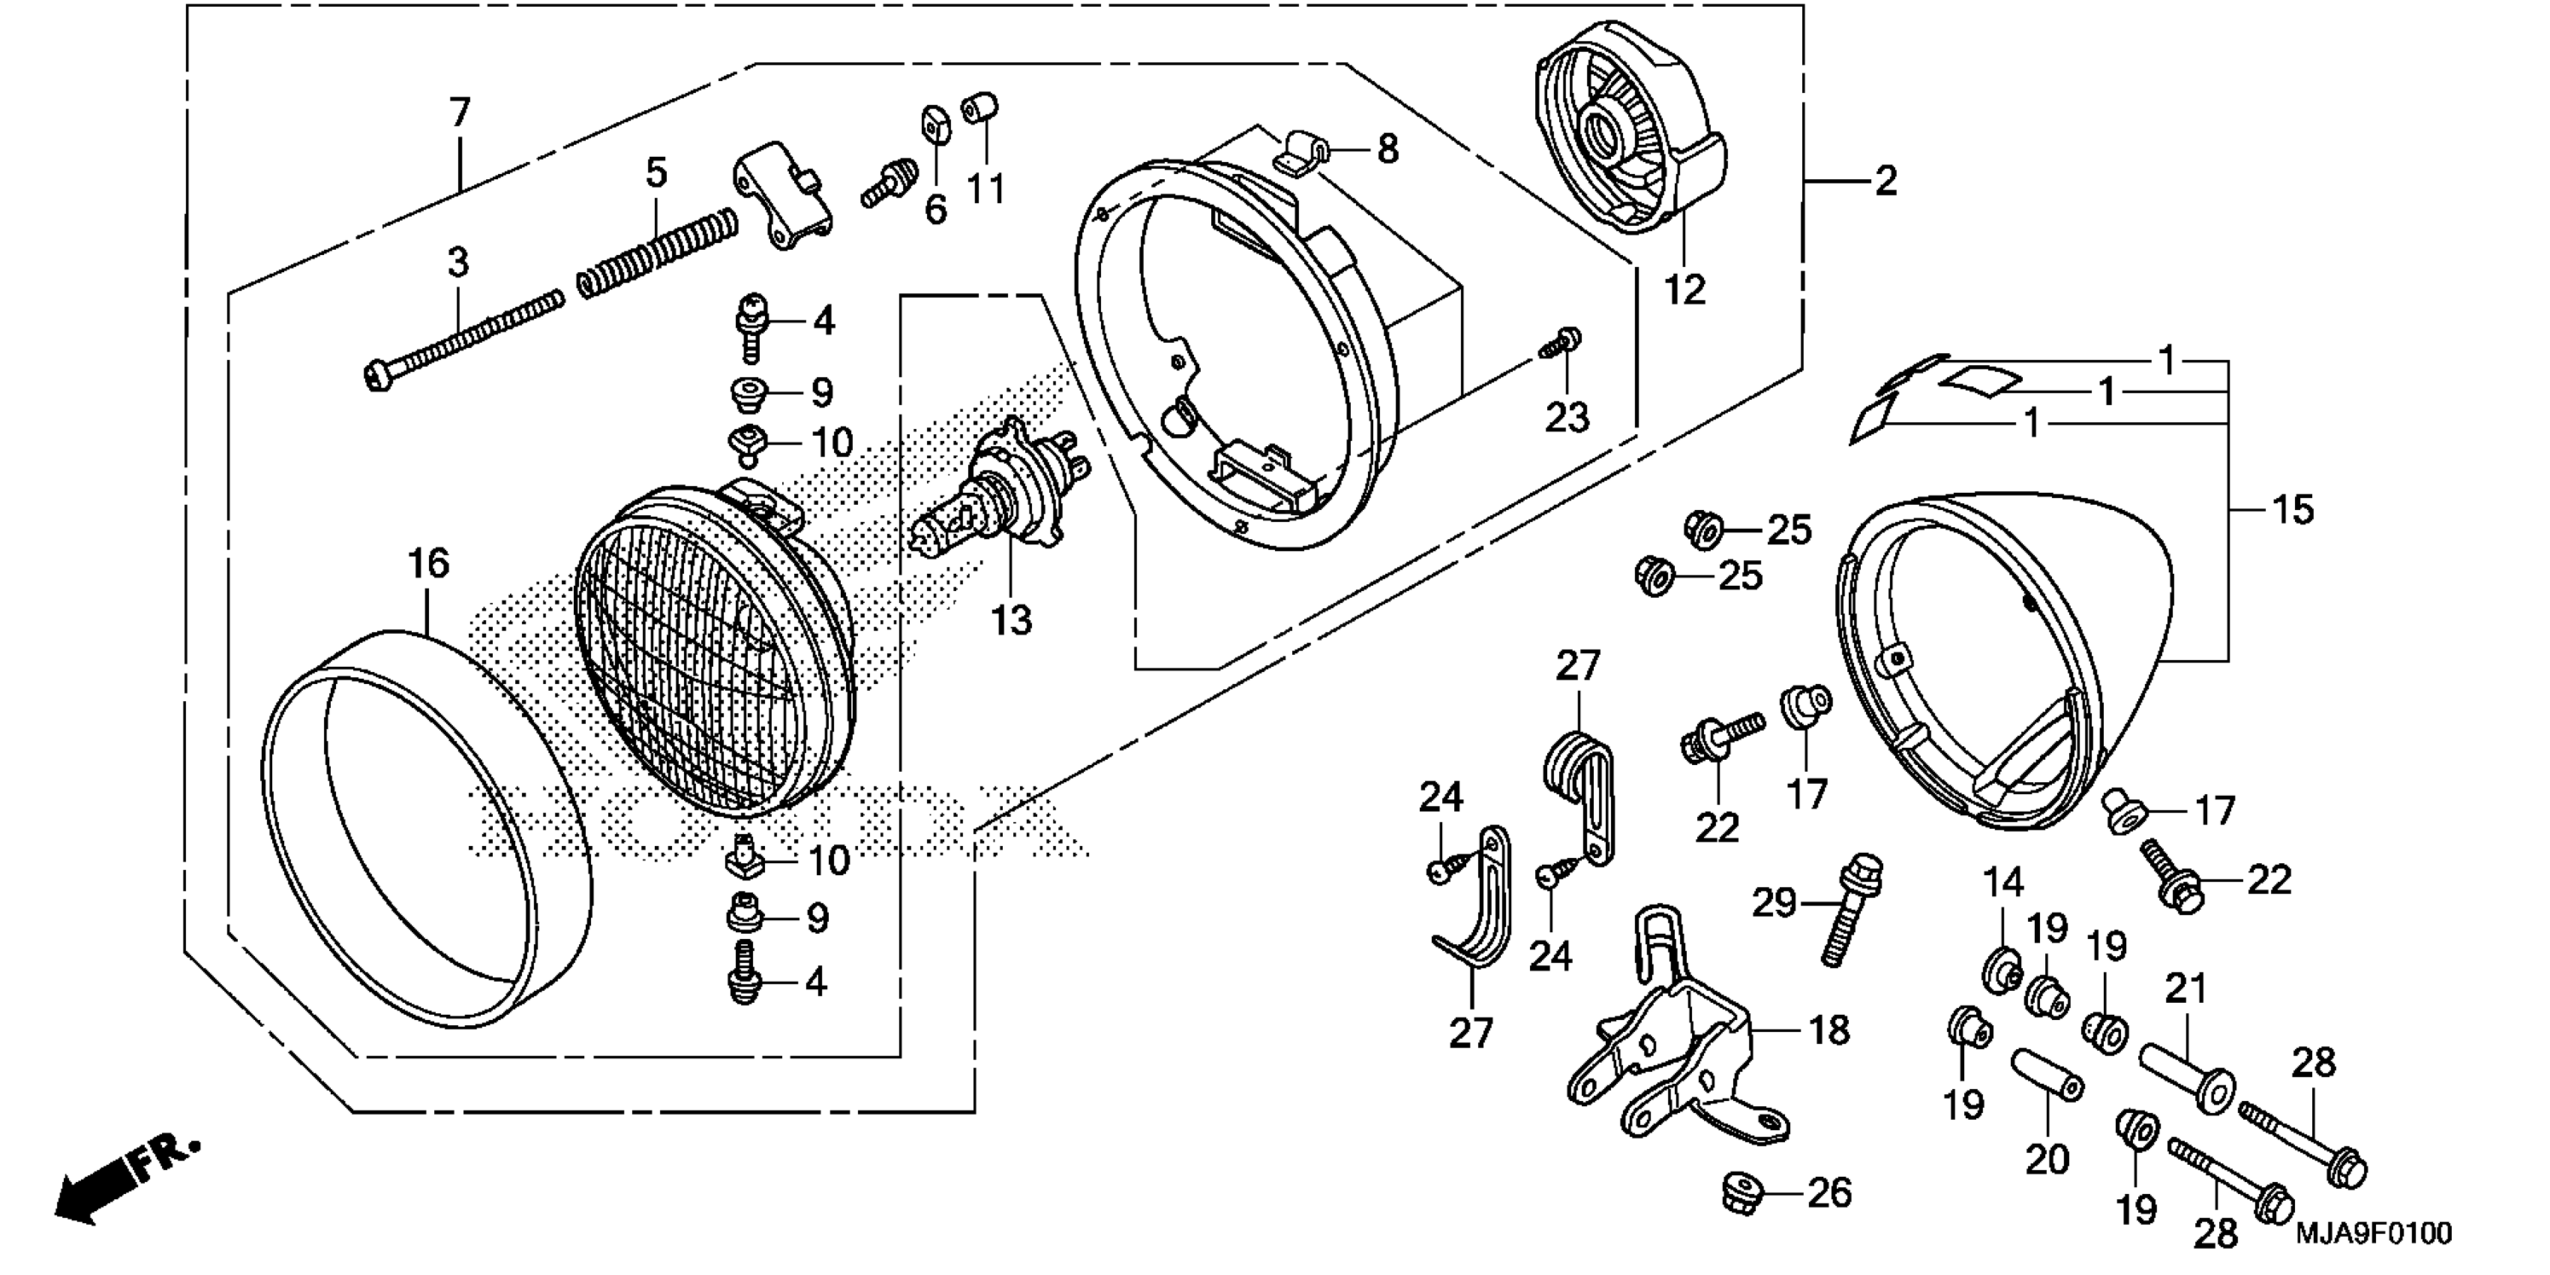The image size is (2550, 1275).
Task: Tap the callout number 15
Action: [2293, 511]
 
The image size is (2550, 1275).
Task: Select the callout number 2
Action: [1885, 181]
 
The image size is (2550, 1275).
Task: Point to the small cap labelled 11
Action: [980, 107]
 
